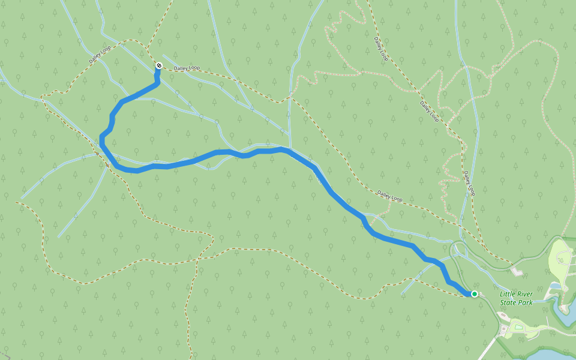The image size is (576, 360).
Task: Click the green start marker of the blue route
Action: coord(474,293)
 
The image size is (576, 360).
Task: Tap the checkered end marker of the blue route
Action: coord(158,65)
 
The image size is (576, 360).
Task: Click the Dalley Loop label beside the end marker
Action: coord(186,68)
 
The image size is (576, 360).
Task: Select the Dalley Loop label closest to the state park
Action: coord(469,183)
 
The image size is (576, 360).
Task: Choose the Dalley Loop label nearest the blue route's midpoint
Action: coord(390,196)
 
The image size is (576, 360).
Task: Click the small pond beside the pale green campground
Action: coord(555,286)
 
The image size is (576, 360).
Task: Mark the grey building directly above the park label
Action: coord(518,272)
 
